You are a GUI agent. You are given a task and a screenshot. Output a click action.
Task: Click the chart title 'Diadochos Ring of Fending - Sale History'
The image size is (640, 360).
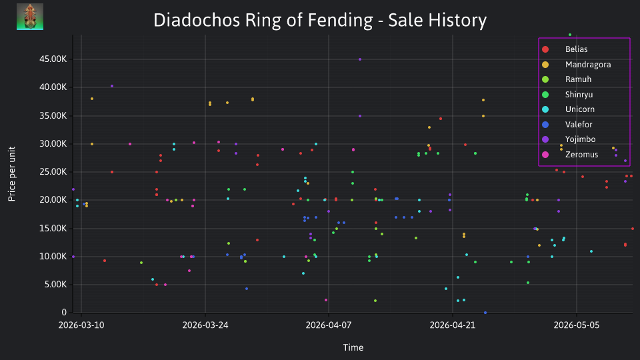pos(320,20)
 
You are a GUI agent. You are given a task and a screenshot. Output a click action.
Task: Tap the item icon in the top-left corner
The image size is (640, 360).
pos(30,17)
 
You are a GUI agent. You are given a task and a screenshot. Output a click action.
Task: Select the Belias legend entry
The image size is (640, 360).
pos(576,49)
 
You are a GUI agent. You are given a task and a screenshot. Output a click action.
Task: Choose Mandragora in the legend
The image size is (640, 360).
pos(588,65)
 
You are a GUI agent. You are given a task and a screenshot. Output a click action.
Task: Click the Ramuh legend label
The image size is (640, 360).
pos(578,79)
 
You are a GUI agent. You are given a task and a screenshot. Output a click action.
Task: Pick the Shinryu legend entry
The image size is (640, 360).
pos(579,95)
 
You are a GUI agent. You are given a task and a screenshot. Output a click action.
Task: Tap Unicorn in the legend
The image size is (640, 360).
pos(579,109)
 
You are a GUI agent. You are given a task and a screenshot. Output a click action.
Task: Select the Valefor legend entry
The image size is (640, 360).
pos(579,125)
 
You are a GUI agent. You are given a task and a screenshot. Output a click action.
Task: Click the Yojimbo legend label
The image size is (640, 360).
pos(580,139)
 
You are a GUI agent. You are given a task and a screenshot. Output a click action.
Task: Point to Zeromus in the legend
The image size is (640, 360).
pos(581,155)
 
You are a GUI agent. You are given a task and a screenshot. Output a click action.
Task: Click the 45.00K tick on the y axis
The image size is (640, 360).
pos(53,59)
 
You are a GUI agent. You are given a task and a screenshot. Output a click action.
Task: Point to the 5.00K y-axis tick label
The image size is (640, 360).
pos(55,285)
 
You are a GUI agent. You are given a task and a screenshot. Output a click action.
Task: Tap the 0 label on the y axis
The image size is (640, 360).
pos(64,312)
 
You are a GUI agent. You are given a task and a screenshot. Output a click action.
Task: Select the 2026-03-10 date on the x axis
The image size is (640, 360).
pos(81,325)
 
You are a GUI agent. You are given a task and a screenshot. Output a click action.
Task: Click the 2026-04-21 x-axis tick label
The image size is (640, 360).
pos(453,325)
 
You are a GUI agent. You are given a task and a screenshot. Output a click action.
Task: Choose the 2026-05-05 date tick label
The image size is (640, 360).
pos(576,325)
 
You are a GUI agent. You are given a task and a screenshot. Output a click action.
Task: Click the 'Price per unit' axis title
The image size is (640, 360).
pos(12,174)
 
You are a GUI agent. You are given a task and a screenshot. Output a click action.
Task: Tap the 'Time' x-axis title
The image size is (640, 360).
pos(353,347)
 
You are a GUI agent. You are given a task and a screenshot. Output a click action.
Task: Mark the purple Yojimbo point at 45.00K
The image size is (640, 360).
pos(360,59)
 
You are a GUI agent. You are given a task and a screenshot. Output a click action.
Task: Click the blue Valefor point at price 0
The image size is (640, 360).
pos(485,313)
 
